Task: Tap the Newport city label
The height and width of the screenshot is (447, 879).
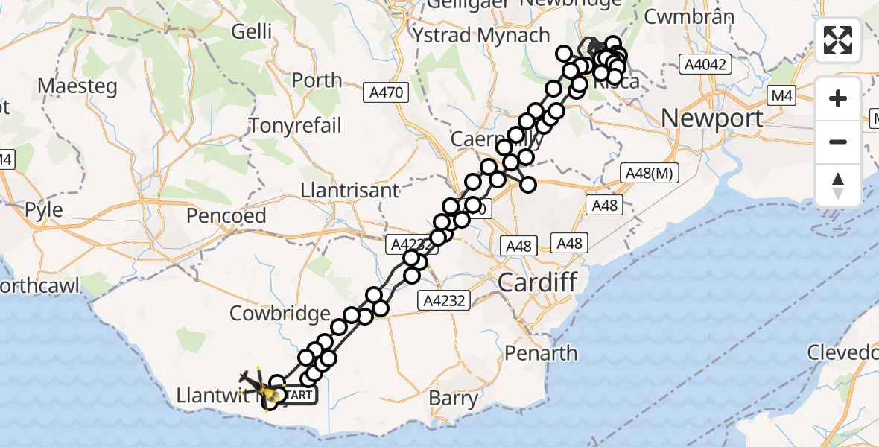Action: pos(711,118)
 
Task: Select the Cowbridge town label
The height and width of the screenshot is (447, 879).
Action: pos(279,314)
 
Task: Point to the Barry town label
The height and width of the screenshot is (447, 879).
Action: pos(454,399)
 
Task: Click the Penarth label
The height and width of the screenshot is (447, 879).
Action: pos(541,352)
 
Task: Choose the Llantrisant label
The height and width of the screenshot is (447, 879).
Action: pos(349,191)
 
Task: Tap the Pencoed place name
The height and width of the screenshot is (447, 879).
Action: pos(226,216)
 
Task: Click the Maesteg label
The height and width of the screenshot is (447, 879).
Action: pos(77,86)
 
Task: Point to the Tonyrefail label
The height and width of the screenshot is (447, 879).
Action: pos(295,125)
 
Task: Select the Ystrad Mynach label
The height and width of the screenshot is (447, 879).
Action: pos(482,36)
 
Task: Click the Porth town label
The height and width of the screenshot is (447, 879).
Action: pos(317,80)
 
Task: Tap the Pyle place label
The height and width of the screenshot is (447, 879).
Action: pos(43,210)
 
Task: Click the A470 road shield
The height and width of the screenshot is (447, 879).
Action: pos(386,93)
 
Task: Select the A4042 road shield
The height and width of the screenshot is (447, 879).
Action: pos(707,66)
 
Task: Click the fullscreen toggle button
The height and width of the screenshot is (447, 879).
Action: pos(838,40)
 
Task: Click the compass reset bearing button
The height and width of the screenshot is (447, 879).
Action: pos(838,186)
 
